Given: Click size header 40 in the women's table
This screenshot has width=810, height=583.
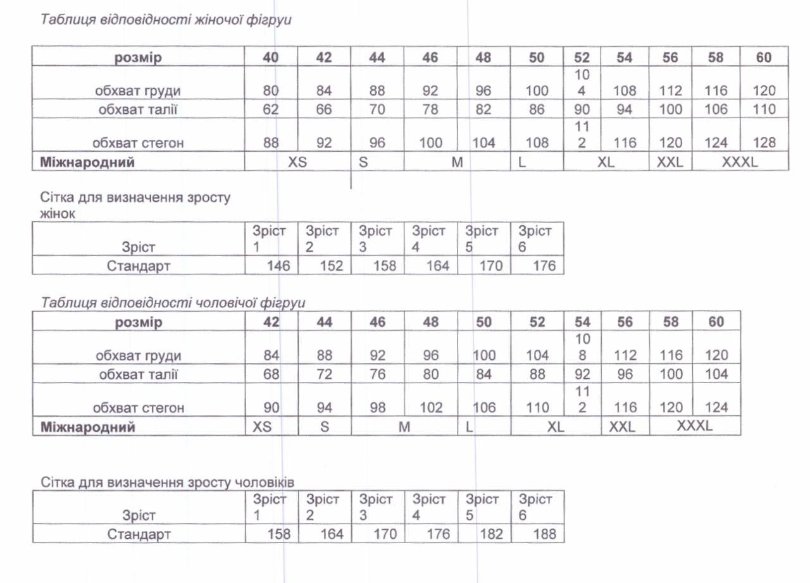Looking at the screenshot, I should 271,58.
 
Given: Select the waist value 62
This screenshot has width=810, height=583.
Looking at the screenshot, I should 271,109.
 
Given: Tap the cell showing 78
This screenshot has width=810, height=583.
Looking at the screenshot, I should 430,109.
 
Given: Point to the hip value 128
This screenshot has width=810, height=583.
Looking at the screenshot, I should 764,143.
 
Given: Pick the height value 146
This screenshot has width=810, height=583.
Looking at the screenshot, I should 278,266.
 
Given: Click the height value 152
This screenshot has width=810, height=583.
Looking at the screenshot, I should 332,266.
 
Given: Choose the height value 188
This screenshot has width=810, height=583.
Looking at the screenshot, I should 544,534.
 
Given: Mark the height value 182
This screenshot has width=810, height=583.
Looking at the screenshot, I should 491,534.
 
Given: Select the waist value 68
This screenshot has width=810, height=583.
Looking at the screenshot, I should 271,374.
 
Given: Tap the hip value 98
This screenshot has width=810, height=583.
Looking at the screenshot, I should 377,408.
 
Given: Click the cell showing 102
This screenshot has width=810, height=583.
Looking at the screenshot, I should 430,408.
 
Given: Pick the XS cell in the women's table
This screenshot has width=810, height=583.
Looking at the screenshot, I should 297,162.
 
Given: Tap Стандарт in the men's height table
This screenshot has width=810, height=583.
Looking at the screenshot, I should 139,534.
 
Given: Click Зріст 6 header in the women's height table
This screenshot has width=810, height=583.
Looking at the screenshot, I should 535,238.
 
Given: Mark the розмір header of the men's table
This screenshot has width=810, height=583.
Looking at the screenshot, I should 139,322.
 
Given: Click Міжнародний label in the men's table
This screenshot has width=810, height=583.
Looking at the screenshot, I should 88,427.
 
